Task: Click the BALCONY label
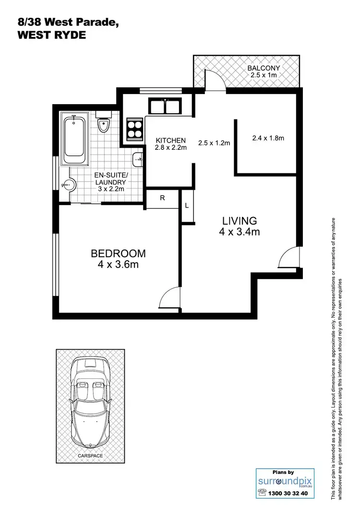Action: [x=264, y=72]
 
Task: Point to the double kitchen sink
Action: [x=165, y=105]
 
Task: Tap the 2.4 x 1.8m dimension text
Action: [x=268, y=138]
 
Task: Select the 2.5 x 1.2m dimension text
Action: [x=214, y=143]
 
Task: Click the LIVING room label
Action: [x=240, y=226]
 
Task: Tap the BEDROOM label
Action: [x=118, y=259]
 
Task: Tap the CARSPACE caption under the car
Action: [x=90, y=455]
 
